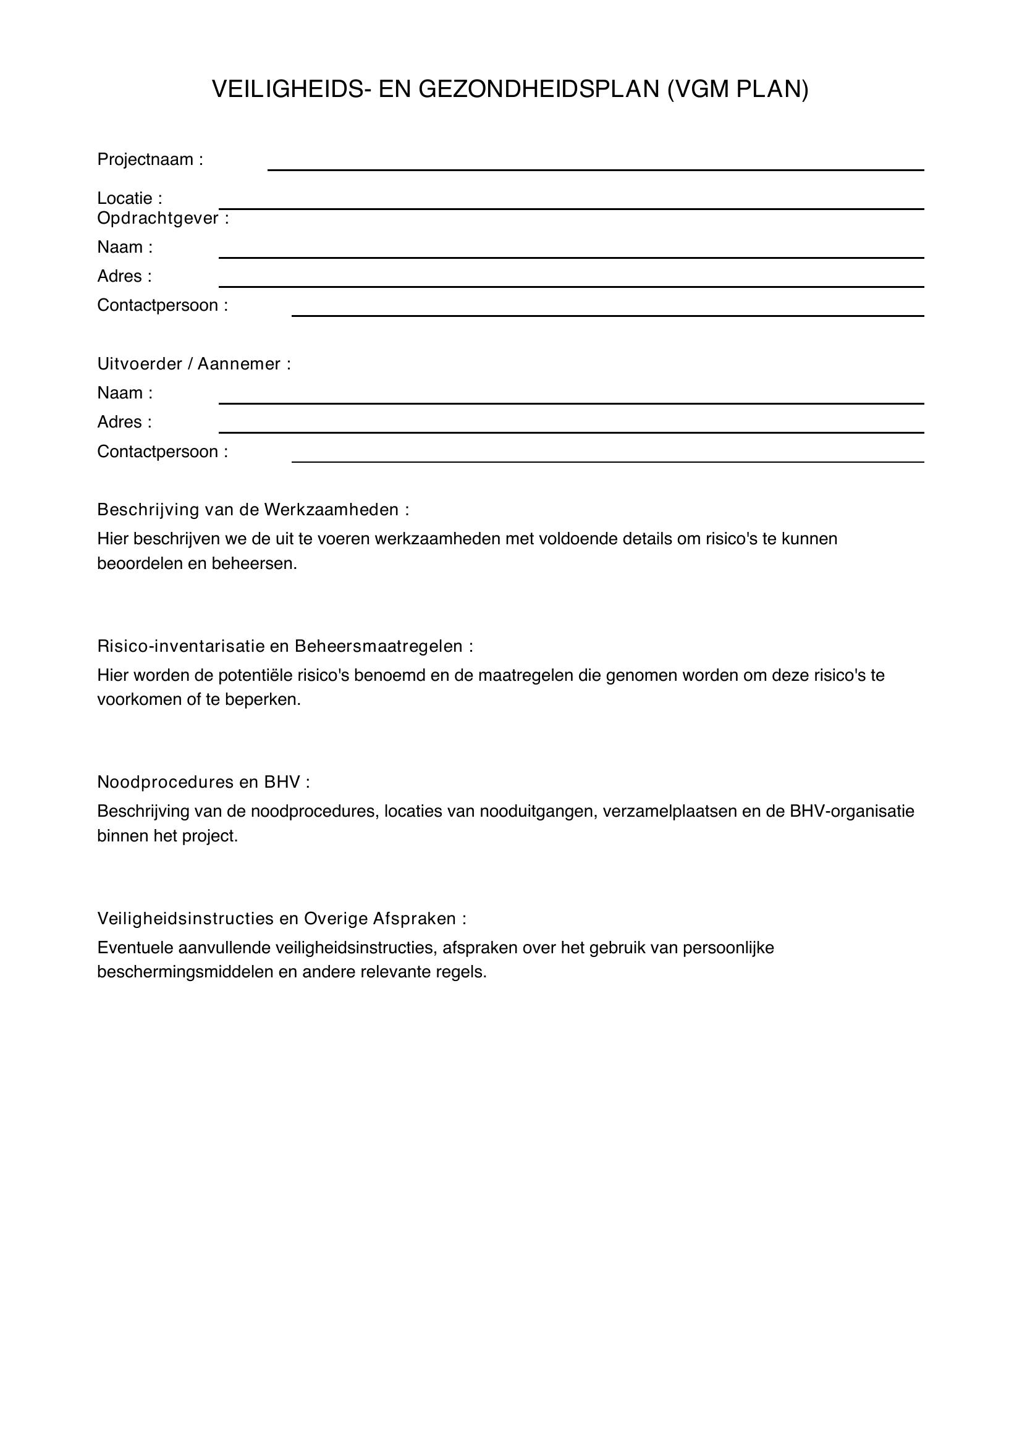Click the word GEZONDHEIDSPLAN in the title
pos(538,90)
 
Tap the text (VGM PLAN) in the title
pos(738,90)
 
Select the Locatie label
pos(130,198)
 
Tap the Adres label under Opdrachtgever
pos(125,276)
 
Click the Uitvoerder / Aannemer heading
pos(194,364)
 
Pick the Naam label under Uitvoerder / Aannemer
pos(125,393)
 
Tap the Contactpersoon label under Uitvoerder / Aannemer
pos(163,451)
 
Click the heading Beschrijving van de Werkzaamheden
pos(253,509)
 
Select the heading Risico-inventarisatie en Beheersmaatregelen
pos(284,646)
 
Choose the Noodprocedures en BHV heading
pos(203,781)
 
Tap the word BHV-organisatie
pos(851,811)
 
